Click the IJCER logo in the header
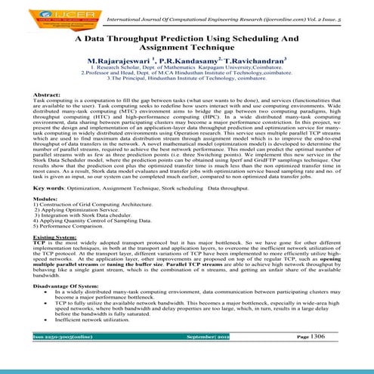click(x=35, y=14)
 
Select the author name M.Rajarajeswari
click(x=121, y=58)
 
